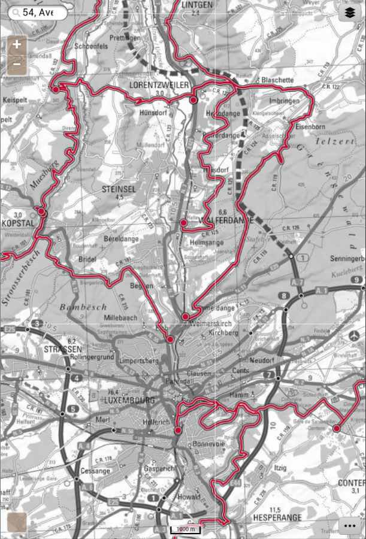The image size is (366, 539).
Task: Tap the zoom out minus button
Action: (17, 64)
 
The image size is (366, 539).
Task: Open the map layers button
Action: (350, 12)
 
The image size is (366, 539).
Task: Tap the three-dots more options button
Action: (350, 525)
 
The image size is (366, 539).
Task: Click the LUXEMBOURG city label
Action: (129, 399)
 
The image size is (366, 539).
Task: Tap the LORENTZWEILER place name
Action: (159, 86)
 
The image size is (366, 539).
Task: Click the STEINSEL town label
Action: (119, 189)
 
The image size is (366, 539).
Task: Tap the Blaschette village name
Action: (277, 80)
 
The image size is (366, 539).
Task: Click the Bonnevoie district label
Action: (208, 445)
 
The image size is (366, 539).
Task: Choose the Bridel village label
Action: (87, 259)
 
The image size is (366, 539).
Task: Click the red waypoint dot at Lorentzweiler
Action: (193, 101)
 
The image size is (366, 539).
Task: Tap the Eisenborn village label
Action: (309, 126)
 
